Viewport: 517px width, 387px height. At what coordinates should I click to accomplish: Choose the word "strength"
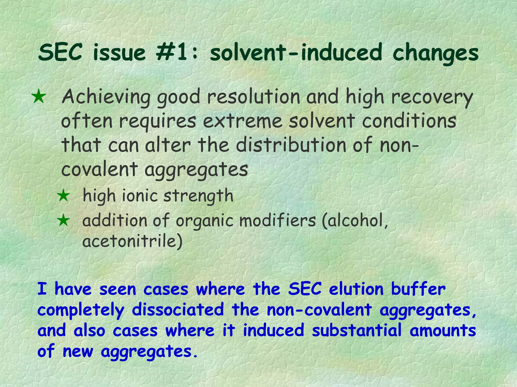point(198,196)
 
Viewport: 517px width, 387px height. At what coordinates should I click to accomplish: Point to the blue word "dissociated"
point(178,310)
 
